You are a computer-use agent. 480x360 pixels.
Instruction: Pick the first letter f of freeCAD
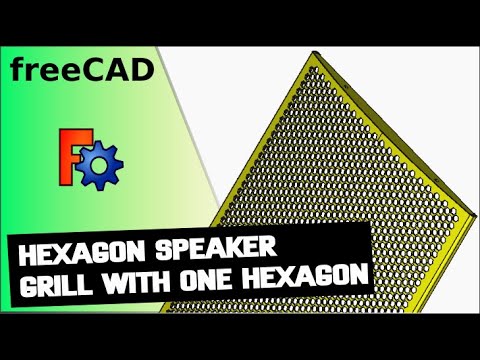point(18,69)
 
